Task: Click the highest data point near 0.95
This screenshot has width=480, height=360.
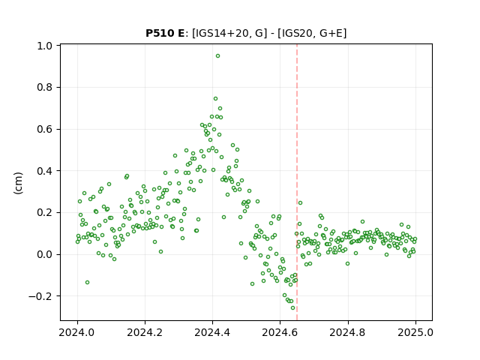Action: (217, 56)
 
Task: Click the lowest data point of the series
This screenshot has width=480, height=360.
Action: (293, 308)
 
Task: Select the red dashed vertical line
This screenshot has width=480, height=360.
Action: (297, 182)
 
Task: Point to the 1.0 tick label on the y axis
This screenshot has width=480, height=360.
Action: (44, 46)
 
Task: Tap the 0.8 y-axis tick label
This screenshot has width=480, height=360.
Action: (44, 88)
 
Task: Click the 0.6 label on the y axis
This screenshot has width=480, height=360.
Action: (44, 129)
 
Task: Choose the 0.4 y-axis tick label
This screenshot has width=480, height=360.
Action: (44, 171)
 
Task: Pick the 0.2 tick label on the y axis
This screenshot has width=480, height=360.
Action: (44, 212)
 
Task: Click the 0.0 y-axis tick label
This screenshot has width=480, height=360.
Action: (44, 254)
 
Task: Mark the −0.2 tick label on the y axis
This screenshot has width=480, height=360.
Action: (40, 296)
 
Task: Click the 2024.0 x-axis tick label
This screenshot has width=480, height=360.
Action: (77, 332)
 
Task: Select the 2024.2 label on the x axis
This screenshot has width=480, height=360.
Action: (145, 332)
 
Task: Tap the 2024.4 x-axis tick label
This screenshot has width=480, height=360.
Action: (212, 332)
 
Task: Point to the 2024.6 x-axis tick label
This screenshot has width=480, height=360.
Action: (280, 332)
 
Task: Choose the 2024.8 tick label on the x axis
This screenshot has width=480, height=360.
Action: (348, 332)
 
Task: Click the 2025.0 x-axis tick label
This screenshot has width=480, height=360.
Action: (415, 332)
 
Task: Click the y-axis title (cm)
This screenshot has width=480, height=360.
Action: (18, 183)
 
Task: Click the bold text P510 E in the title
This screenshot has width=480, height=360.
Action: (165, 33)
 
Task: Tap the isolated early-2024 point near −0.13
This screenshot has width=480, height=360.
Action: (87, 282)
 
